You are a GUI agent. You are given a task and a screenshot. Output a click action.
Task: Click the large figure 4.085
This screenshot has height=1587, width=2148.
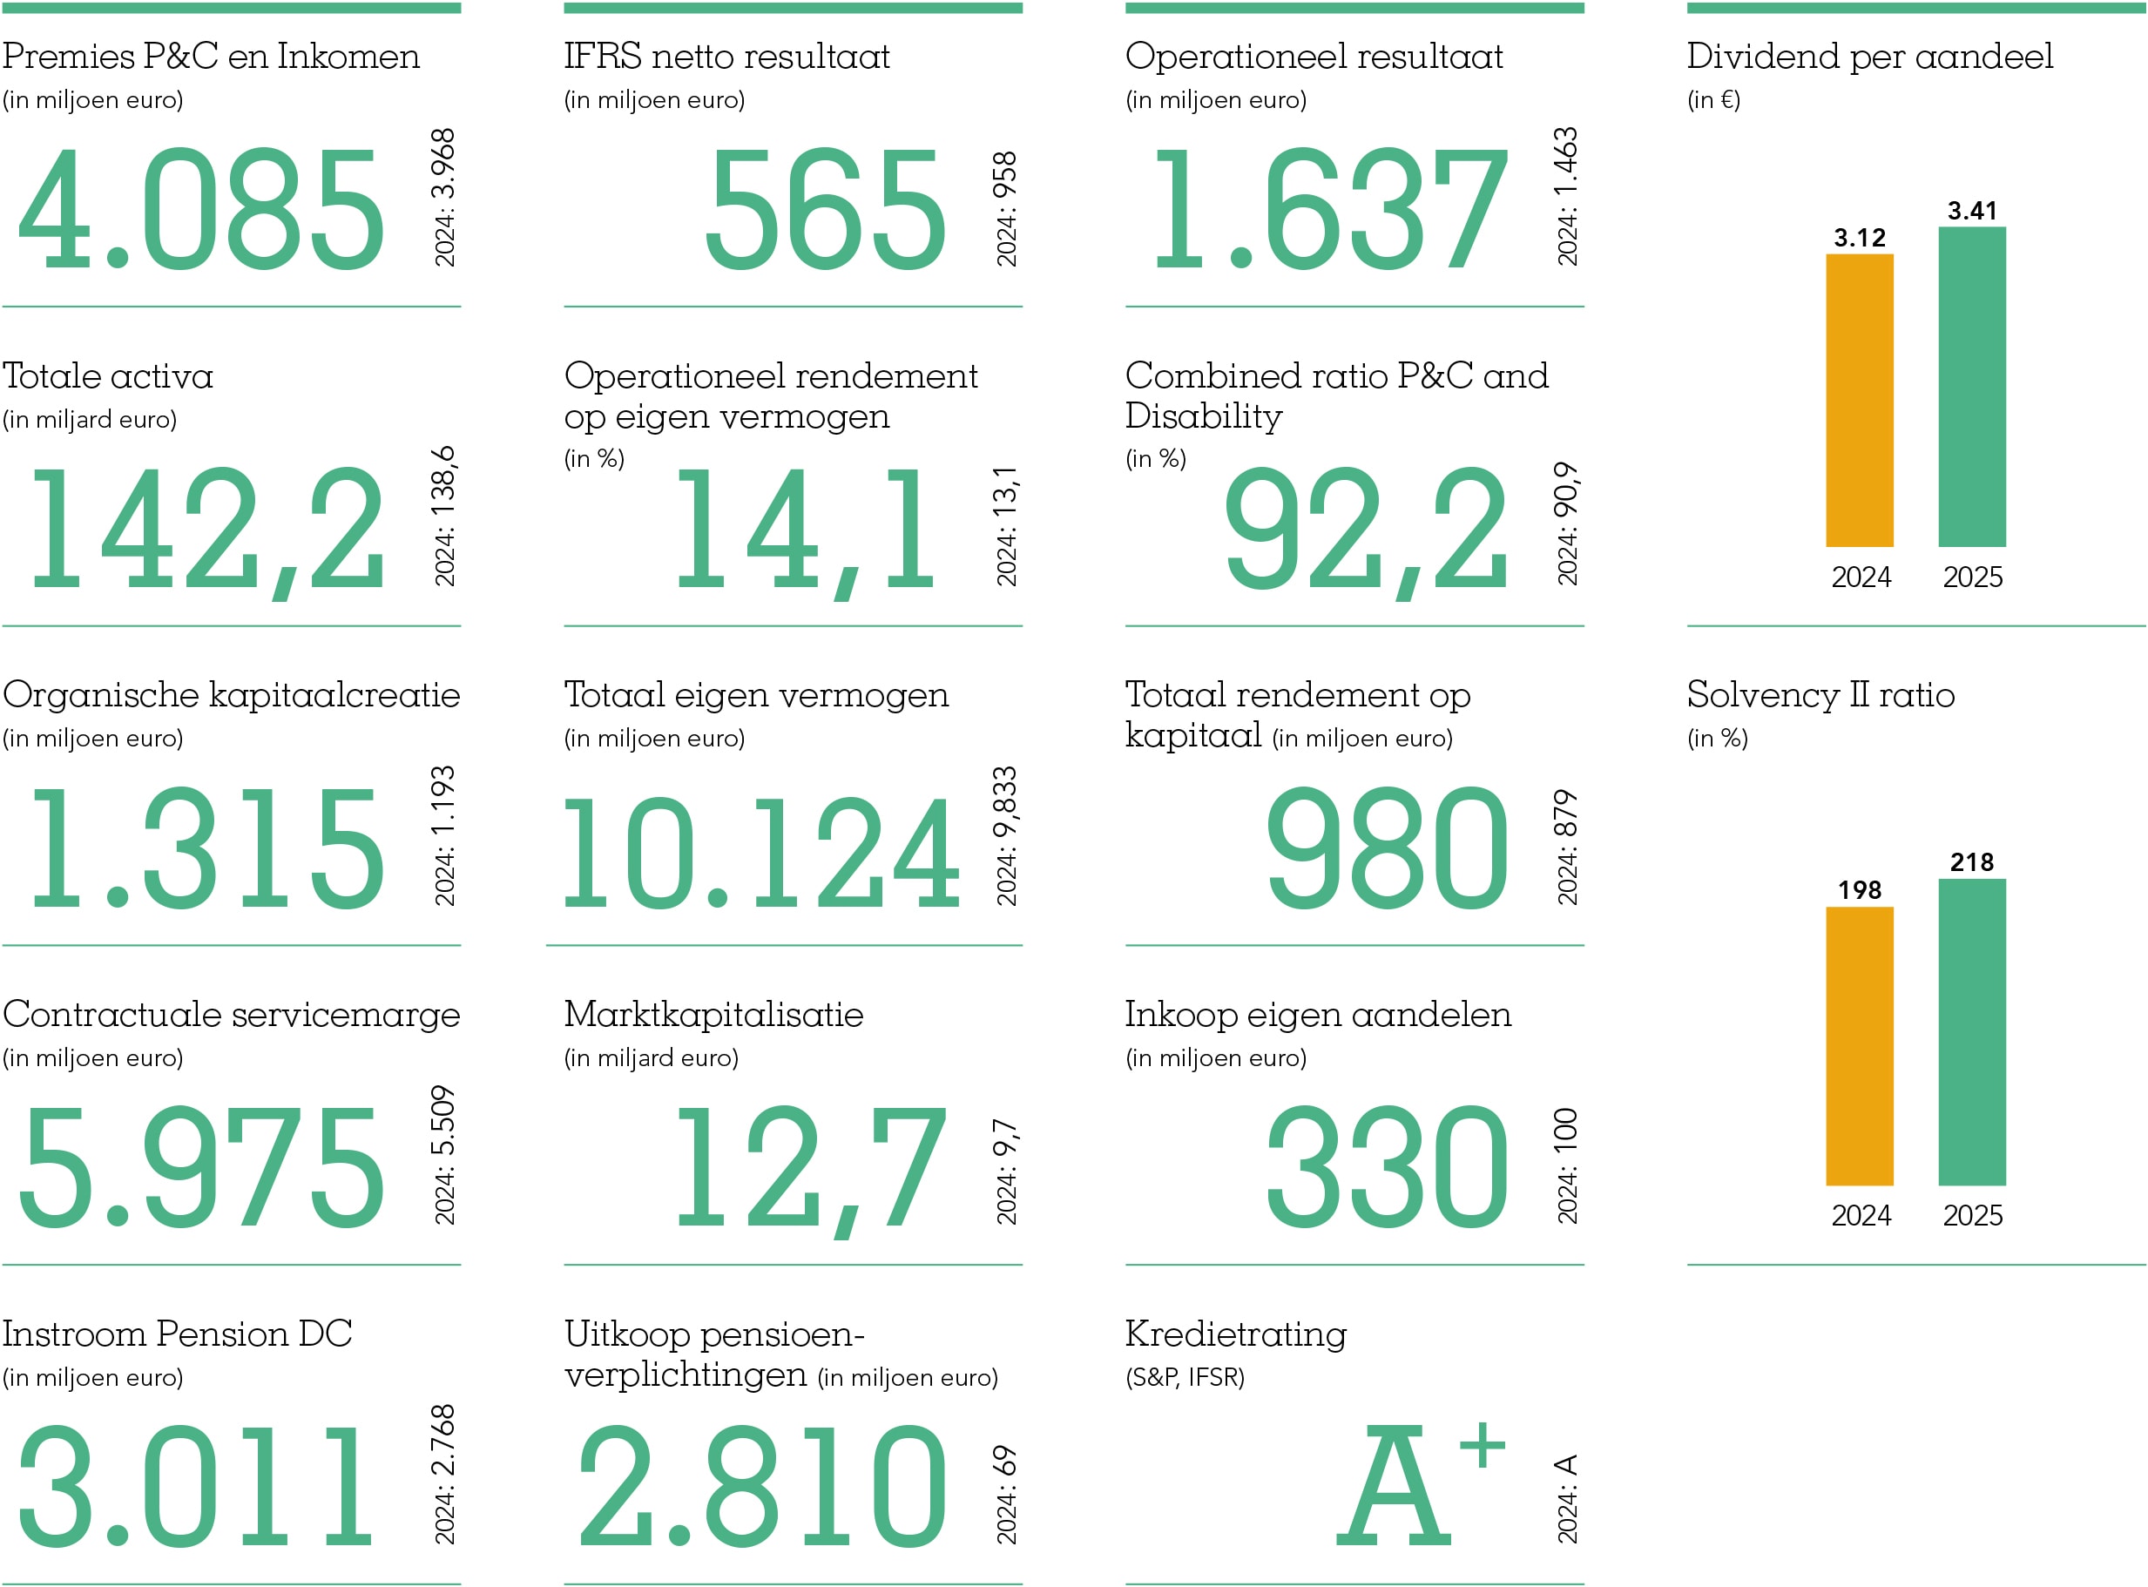pos(202,208)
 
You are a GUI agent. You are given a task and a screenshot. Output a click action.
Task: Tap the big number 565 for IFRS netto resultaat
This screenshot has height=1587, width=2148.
pos(825,208)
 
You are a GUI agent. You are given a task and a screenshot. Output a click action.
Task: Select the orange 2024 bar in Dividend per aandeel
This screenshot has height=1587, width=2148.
pos(1859,400)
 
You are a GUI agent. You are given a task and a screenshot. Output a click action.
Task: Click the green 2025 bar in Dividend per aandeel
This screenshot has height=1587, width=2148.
pos(1971,386)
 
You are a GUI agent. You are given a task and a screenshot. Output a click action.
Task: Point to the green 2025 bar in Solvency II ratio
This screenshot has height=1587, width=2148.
pos(1971,1032)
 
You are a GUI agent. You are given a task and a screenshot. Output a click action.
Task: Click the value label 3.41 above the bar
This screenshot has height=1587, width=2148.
pos(1971,211)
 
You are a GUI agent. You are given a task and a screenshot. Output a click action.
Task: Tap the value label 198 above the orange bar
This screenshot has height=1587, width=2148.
pos(1859,889)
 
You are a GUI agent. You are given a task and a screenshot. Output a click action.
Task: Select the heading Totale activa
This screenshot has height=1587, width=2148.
pos(108,375)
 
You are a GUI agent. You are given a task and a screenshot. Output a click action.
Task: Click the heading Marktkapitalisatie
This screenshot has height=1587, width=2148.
pos(713,1015)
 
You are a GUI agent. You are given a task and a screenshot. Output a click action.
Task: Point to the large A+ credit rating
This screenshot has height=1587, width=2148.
pos(1420,1484)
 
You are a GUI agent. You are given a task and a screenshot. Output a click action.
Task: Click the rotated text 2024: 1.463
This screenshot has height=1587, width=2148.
pos(1567,197)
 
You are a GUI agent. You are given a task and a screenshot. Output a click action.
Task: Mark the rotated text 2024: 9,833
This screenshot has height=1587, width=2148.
pos(1006,836)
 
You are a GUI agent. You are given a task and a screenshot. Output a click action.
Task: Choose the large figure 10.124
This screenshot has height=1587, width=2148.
pos(760,852)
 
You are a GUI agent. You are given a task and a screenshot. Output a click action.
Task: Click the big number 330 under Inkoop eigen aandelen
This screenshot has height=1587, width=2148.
pos(1386,1166)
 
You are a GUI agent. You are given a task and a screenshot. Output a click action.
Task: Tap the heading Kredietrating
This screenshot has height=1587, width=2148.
pos(1235,1334)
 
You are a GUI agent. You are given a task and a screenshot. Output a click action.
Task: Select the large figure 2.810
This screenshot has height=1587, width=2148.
pos(763,1486)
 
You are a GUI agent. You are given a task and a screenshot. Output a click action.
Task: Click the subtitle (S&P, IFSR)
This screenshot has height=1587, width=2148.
pos(1185,1378)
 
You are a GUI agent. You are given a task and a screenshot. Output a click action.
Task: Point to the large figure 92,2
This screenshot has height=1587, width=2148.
pos(1365,529)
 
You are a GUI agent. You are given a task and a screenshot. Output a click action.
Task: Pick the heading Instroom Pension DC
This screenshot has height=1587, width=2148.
pos(177,1334)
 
